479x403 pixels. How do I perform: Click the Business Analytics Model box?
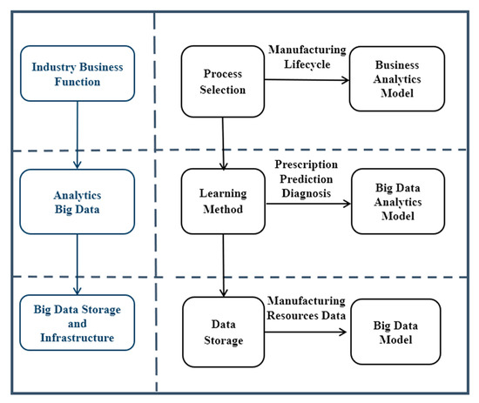(396, 79)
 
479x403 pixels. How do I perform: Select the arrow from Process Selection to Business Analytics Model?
(305, 81)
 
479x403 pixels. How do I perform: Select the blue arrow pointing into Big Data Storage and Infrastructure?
(78, 264)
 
